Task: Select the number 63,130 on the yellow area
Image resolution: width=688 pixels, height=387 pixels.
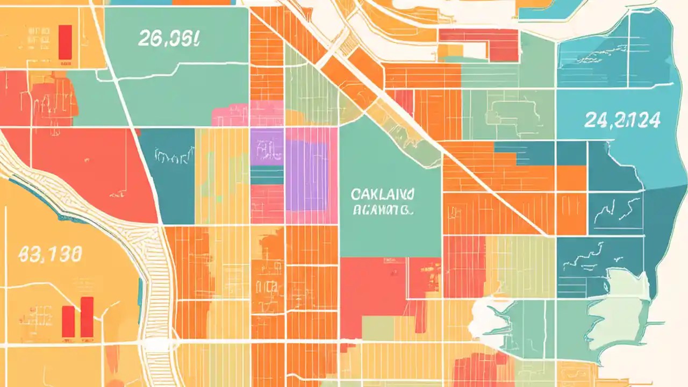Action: point(51,254)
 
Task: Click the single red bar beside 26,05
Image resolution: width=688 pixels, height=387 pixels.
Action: point(65,41)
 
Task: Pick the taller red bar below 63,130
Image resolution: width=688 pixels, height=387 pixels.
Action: point(87,317)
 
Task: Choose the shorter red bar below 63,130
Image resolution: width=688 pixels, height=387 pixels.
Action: point(68,321)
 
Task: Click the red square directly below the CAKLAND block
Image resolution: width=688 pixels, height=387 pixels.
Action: point(373,296)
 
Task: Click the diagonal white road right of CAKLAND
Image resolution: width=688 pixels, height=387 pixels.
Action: point(484,183)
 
